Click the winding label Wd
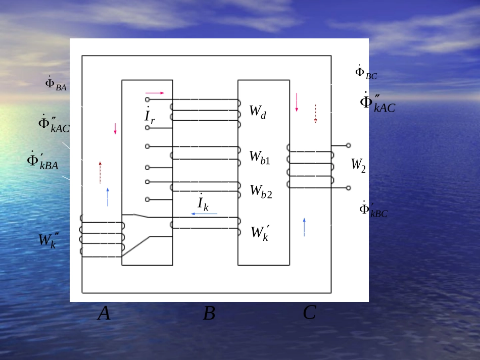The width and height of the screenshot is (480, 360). click(x=258, y=112)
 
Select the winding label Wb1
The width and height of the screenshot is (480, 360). click(x=260, y=158)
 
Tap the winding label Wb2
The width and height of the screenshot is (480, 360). click(x=261, y=191)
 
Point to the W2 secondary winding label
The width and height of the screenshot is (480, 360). click(x=358, y=165)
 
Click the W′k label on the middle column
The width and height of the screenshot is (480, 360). click(x=260, y=233)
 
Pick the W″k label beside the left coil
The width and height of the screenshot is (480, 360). click(x=49, y=240)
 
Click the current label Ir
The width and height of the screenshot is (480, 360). click(x=150, y=116)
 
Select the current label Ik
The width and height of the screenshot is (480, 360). click(x=203, y=202)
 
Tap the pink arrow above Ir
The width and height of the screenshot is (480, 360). click(x=155, y=93)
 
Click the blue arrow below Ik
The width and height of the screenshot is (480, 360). click(x=204, y=214)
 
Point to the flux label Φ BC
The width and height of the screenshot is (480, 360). click(x=366, y=73)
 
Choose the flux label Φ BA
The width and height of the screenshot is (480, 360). click(x=56, y=84)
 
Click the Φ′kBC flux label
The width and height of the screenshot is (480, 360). click(x=373, y=210)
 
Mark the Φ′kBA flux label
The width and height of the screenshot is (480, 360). click(x=42, y=161)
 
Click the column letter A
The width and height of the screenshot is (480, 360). click(x=104, y=314)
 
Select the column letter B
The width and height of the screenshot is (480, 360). click(x=209, y=314)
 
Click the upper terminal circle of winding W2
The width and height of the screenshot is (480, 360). click(x=348, y=145)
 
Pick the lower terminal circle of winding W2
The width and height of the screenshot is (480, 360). click(x=348, y=188)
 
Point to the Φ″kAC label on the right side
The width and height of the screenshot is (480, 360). click(x=377, y=103)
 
